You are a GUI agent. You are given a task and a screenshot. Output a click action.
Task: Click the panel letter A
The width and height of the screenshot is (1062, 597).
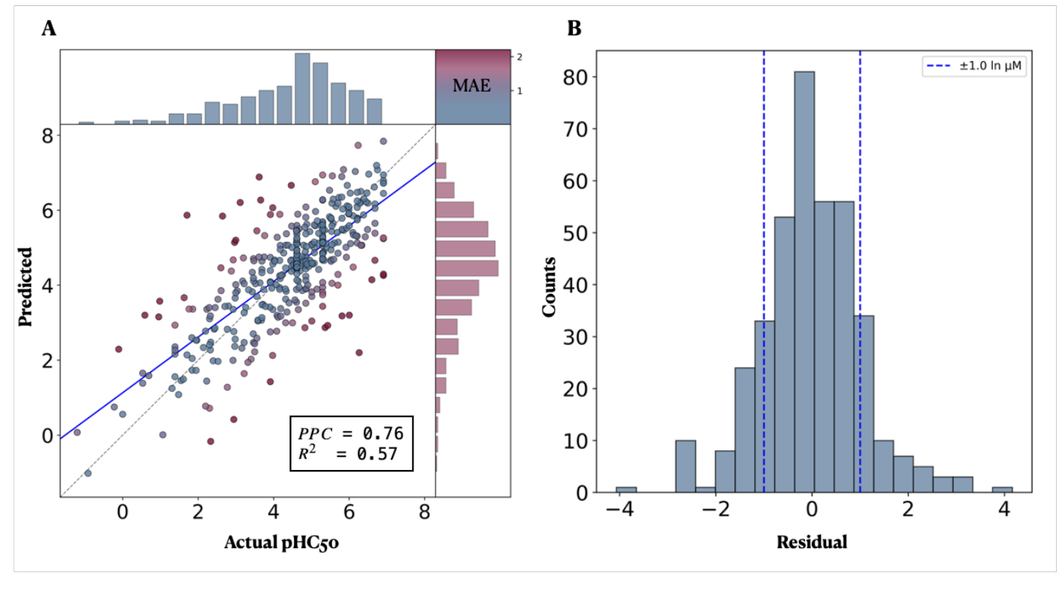(x=49, y=29)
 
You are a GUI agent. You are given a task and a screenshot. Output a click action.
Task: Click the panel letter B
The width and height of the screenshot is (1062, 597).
(x=574, y=29)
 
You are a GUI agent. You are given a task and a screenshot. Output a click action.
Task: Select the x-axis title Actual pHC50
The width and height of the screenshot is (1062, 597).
(x=280, y=542)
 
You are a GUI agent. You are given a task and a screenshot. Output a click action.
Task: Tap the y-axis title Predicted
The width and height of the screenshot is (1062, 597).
(x=26, y=286)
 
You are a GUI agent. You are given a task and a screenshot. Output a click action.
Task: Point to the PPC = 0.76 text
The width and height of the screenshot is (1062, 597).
(x=351, y=433)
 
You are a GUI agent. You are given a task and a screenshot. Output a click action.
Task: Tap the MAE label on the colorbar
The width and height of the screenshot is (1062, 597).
(x=471, y=86)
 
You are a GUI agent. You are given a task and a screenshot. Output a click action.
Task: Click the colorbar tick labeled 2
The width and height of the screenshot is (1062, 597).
(x=519, y=57)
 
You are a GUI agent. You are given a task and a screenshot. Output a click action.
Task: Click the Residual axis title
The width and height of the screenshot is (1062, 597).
(x=812, y=542)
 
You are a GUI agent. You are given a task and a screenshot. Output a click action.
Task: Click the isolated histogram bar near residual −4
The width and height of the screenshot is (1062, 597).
(x=626, y=490)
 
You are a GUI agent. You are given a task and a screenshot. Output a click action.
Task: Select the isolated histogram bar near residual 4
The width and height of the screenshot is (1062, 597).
(x=1002, y=490)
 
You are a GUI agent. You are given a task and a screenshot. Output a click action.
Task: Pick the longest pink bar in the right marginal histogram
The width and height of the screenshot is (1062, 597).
(x=467, y=268)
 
